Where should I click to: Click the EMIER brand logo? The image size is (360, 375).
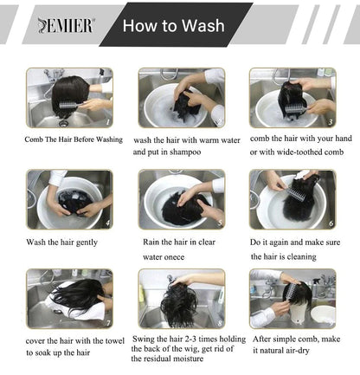66,25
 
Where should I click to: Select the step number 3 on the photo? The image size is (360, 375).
331,122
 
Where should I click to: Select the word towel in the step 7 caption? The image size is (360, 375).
115,341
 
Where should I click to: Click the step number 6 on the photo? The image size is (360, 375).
331,223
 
